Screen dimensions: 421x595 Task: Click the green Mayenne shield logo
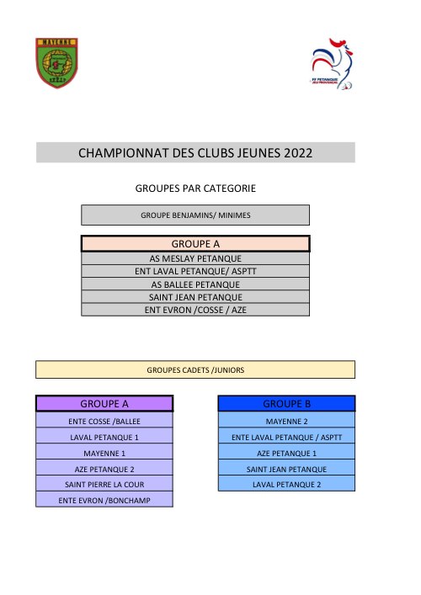point(58,62)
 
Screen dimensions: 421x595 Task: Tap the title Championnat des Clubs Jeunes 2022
point(195,153)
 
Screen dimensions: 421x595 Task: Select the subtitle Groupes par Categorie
point(195,189)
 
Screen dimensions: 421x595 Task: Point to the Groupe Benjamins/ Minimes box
point(195,215)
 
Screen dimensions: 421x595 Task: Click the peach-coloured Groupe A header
point(195,244)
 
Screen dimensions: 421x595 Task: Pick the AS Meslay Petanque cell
point(195,258)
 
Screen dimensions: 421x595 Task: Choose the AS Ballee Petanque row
point(195,284)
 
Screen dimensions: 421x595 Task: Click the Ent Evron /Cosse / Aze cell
point(195,310)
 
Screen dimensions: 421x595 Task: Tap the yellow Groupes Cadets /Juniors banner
point(195,369)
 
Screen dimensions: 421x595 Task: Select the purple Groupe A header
point(104,403)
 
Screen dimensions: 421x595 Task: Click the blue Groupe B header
point(286,403)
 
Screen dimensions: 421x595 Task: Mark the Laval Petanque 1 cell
point(104,437)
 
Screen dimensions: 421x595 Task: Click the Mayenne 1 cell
point(104,453)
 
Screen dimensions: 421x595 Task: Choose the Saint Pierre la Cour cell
point(104,484)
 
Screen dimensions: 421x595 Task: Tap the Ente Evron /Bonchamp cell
point(104,500)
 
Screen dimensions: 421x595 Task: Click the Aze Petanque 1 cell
point(286,453)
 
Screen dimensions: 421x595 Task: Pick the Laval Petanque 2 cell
point(286,484)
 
